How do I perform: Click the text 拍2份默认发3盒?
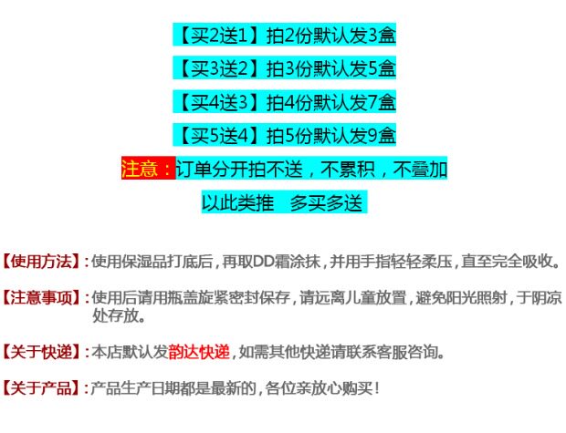tap(330, 36)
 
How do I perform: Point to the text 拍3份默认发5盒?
tap(330, 68)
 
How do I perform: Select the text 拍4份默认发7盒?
tap(330, 101)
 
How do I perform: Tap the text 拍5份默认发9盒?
tap(330, 136)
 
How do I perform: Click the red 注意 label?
tap(146, 169)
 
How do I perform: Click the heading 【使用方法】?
tap(42, 262)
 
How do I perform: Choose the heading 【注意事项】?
tap(42, 298)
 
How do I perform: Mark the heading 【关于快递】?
tap(42, 352)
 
